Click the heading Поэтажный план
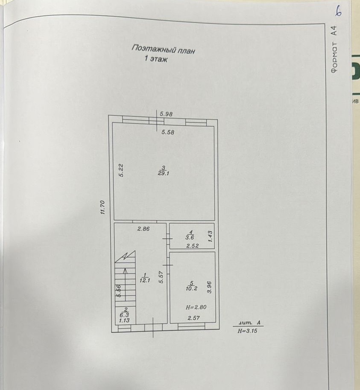tap(163, 49)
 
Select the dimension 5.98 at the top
tap(167, 114)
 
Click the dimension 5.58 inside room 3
tap(168, 132)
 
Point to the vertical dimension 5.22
tap(121, 171)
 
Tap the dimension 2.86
tap(143, 229)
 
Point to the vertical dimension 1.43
tap(210, 236)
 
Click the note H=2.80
tap(195, 307)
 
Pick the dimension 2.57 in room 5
tap(194, 317)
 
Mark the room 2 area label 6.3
tap(125, 315)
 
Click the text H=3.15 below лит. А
tap(248, 330)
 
